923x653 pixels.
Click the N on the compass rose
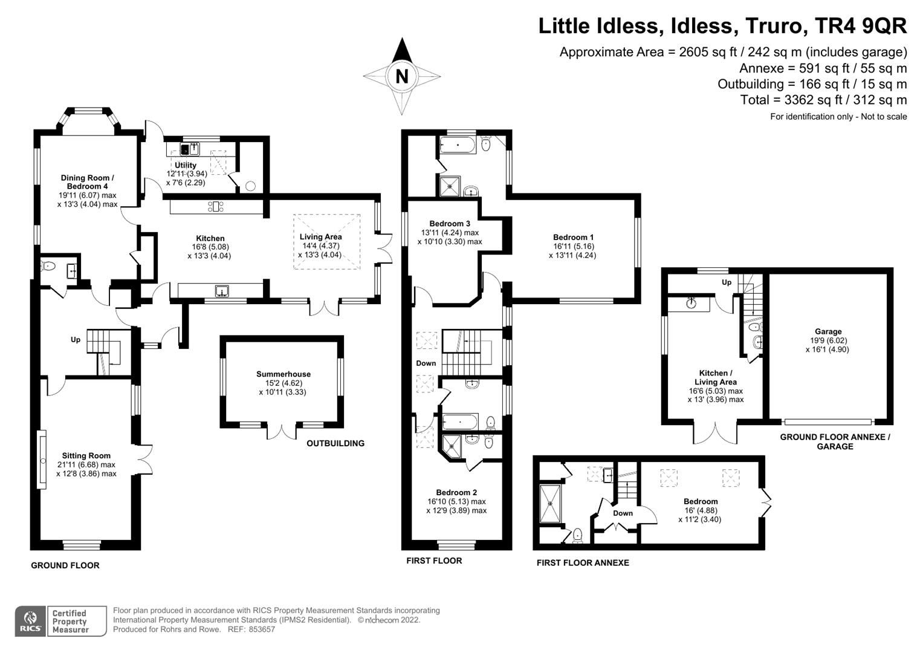401,77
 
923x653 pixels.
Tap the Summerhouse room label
283,374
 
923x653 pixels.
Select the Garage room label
827,331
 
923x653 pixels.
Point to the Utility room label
186,165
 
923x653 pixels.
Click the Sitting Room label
86,456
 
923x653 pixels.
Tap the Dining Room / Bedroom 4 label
87,182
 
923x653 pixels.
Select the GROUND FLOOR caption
65,565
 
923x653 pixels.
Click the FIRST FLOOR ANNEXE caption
583,563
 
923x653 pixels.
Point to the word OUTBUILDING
335,443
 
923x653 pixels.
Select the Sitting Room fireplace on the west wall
42,460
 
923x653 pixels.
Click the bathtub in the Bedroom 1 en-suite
458,144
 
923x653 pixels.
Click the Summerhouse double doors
282,430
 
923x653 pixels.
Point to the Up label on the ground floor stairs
76,340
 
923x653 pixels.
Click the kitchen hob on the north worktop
216,206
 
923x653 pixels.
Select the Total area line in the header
823,100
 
